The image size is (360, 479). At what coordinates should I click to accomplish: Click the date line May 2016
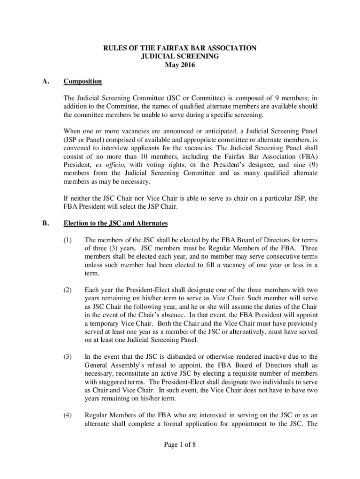pos(180,65)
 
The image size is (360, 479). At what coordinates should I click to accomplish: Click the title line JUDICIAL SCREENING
pos(180,57)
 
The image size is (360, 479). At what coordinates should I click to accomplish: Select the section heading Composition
pos(83,81)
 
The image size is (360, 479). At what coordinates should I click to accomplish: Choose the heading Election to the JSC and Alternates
pos(115,223)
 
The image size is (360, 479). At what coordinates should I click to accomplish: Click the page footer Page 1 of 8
pos(180,445)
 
